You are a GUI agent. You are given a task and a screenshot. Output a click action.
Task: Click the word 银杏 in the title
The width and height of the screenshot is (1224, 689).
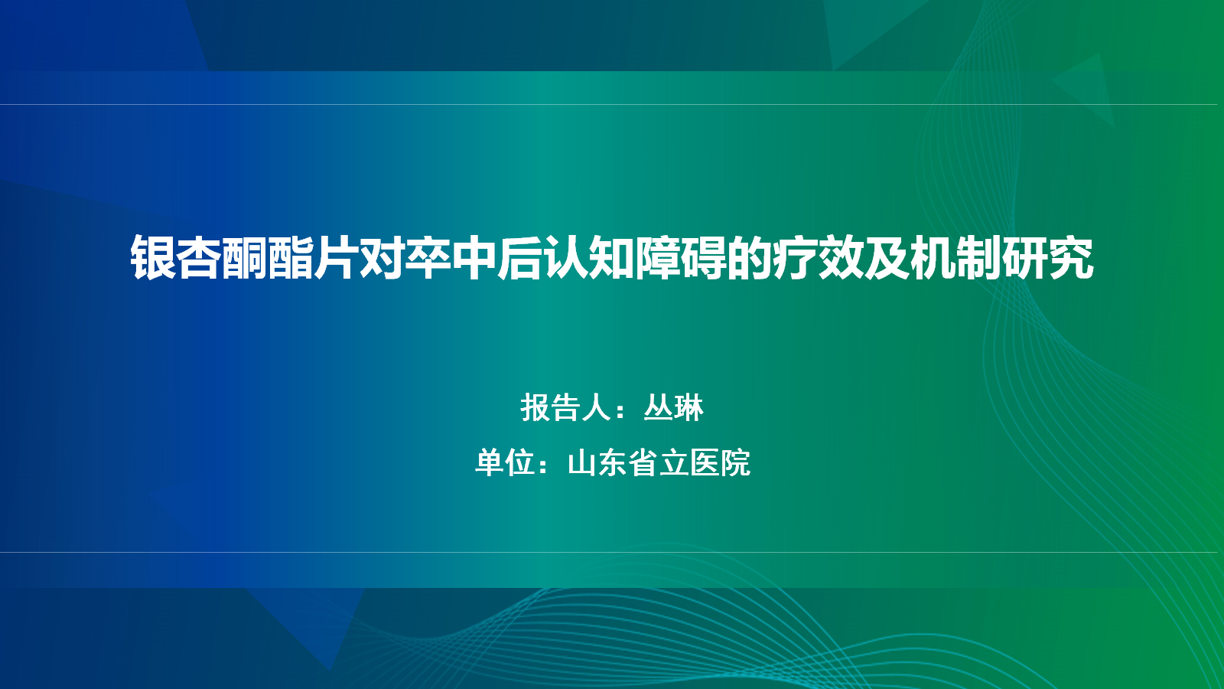click(x=176, y=258)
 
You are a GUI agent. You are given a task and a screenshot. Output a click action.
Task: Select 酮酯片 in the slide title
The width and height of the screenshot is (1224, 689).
click(x=291, y=258)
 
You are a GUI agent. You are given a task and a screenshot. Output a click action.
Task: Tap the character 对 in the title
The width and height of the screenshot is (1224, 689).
click(x=382, y=258)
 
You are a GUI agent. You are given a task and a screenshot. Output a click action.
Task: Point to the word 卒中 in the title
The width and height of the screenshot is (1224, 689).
click(x=451, y=258)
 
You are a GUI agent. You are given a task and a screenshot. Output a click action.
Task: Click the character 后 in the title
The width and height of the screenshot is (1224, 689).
click(x=520, y=258)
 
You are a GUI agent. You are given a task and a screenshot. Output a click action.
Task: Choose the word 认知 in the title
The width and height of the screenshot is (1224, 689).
click(x=589, y=258)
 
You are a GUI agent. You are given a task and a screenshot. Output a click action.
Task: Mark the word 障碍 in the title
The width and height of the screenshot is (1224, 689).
click(x=681, y=258)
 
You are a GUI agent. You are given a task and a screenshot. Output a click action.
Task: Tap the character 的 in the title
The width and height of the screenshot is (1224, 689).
click(x=750, y=258)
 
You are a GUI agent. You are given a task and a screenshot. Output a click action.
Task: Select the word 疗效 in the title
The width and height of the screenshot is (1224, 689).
click(x=819, y=258)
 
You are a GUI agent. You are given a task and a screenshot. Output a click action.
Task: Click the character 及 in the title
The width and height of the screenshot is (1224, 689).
click(x=887, y=258)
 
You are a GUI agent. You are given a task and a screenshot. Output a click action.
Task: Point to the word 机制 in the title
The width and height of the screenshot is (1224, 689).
click(x=956, y=258)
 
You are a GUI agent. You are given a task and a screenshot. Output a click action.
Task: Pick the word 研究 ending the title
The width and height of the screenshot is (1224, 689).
click(x=1048, y=258)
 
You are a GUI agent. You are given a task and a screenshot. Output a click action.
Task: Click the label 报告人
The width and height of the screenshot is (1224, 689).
click(x=566, y=407)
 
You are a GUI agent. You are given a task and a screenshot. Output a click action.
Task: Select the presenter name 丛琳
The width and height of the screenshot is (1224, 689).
click(x=673, y=407)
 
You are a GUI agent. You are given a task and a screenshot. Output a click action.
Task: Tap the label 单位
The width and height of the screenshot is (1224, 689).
click(x=505, y=462)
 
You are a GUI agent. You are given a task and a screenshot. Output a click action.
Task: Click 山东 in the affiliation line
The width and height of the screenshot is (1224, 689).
click(x=597, y=462)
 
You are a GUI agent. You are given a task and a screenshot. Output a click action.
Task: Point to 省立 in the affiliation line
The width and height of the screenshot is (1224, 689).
click(x=659, y=462)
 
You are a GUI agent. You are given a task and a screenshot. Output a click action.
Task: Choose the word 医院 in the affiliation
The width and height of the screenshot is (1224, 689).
click(x=720, y=462)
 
